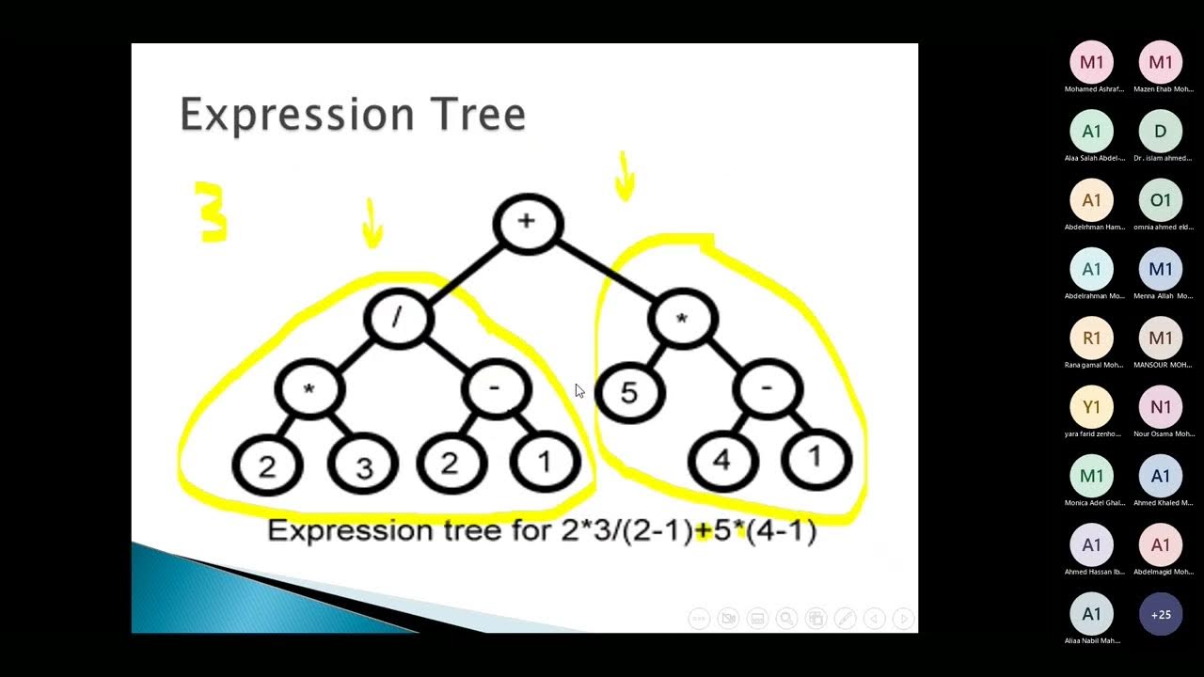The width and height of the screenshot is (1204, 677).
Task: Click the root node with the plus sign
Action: point(527,224)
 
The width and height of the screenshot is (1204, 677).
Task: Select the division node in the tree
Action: point(398,318)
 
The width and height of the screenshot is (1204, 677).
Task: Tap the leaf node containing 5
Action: point(629,393)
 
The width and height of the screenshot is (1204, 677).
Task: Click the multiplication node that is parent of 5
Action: point(683,320)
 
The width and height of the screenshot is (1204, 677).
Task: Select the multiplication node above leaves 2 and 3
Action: point(309,389)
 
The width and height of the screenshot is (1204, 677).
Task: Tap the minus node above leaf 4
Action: point(768,389)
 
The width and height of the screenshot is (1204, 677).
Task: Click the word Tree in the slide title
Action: point(478,115)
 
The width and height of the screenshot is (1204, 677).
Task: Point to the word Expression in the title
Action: point(296,115)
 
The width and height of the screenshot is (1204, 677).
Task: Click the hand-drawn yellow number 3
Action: point(212,213)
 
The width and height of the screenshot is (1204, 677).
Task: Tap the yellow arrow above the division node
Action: point(372,224)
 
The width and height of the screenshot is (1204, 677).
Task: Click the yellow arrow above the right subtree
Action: point(625,177)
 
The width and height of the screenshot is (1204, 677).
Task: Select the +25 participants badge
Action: point(1161,615)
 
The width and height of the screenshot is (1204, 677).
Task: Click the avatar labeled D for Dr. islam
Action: point(1161,132)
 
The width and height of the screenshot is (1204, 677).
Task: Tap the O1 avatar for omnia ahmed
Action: point(1161,200)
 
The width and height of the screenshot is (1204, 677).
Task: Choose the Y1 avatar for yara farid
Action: point(1091,407)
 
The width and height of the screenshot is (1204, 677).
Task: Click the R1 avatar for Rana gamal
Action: point(1091,338)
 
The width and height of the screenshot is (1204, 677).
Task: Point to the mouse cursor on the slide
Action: point(578,390)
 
